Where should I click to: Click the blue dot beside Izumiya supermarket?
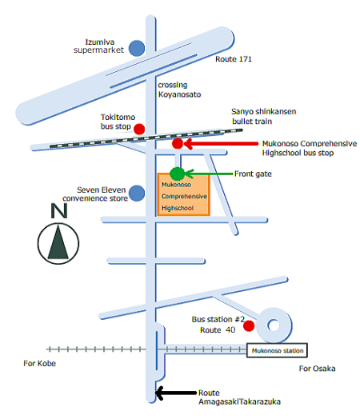click(x=137, y=48)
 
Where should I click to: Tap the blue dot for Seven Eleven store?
click(x=137, y=194)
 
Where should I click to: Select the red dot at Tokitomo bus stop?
click(x=139, y=129)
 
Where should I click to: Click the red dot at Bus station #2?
click(x=249, y=325)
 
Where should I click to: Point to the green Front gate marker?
click(x=177, y=174)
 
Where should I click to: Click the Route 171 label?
click(x=234, y=59)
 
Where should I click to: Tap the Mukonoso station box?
click(x=277, y=350)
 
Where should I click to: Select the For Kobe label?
click(x=39, y=363)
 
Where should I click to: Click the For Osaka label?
click(x=317, y=369)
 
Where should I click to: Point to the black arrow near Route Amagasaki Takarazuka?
click(x=176, y=393)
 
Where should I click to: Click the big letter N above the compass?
click(x=59, y=211)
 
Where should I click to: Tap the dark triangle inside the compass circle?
click(x=58, y=242)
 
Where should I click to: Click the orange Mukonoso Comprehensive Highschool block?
click(x=184, y=194)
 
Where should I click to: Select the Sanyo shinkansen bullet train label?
click(x=263, y=116)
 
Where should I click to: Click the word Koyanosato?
click(x=179, y=94)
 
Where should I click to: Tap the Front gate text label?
click(x=253, y=174)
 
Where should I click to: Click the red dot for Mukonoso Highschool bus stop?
click(x=178, y=143)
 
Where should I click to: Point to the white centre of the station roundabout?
click(x=274, y=325)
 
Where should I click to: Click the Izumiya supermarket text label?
click(x=98, y=46)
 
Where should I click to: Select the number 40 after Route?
click(x=230, y=330)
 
